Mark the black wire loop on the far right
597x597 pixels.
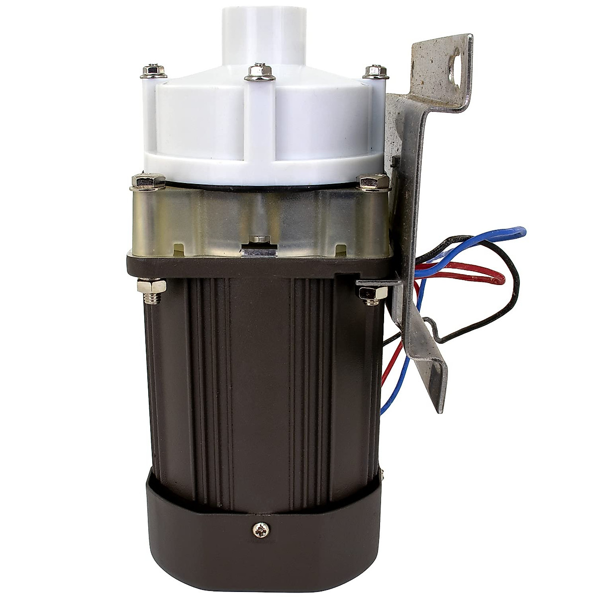pyautogui.click(x=517, y=289)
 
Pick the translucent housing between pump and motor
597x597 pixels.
pyautogui.click(x=209, y=219)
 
